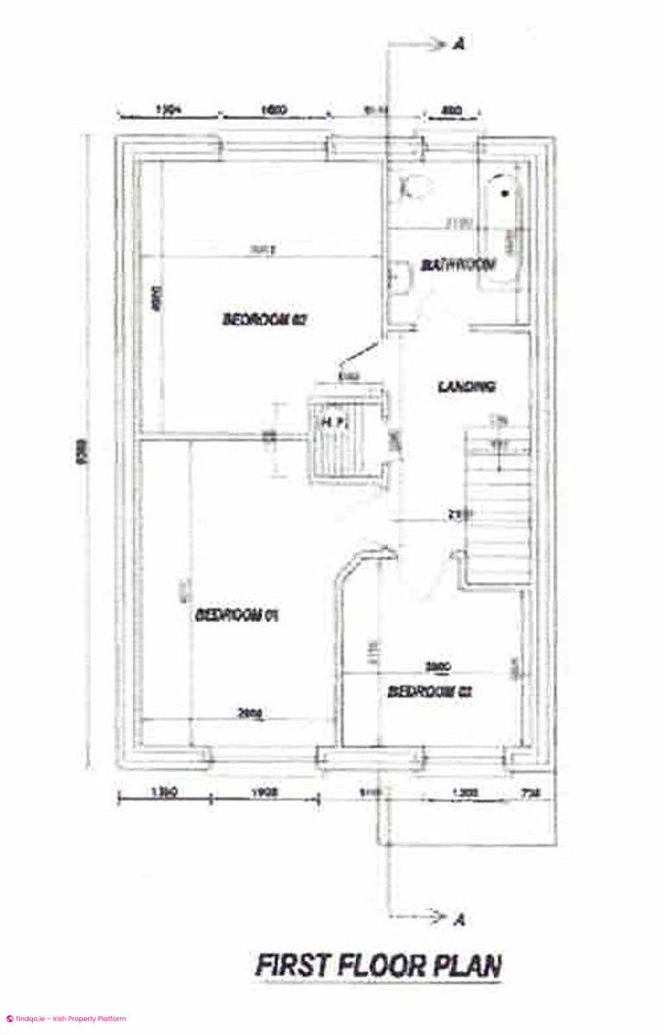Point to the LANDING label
point(466,387)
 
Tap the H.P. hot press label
point(334,421)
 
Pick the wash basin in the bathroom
point(399,277)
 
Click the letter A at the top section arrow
point(458,46)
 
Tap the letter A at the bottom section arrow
point(459,920)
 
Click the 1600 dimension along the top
point(274,110)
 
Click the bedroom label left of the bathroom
point(265,319)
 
